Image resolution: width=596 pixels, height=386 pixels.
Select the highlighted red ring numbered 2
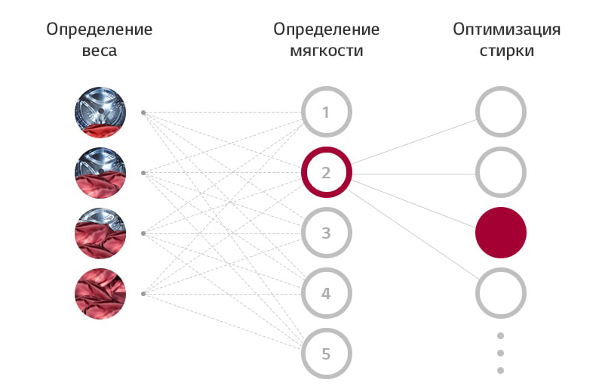point(326,148)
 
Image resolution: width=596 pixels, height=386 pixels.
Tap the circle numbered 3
point(326,208)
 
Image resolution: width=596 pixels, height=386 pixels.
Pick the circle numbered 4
point(326,269)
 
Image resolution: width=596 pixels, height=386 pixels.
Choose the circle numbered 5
point(326,329)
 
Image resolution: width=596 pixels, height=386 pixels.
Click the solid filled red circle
point(501,233)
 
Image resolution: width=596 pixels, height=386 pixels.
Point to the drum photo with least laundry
point(100,113)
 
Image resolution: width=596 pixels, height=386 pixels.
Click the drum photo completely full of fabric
point(100,294)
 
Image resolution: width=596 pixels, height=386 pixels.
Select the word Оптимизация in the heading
point(507,29)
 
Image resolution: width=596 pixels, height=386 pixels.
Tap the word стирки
point(507,51)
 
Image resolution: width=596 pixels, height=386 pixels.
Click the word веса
point(99,51)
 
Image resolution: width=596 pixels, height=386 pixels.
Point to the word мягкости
point(327,51)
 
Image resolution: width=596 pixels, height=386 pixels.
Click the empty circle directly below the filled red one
point(501,269)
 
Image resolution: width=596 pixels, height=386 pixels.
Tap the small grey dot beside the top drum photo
point(143,113)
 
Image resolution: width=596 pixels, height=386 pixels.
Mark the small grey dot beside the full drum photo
point(143,294)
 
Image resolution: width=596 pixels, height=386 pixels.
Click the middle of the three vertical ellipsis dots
point(501,354)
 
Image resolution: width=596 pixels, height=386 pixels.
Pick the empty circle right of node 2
point(501,148)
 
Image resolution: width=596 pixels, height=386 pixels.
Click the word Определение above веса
point(99,29)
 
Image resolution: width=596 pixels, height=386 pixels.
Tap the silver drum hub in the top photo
point(101,111)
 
